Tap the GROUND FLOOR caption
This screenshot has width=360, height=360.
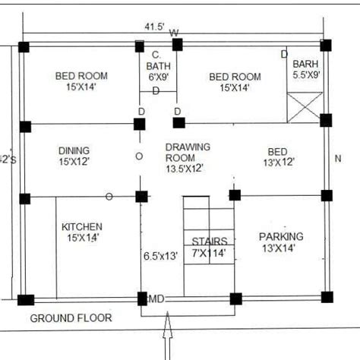coord(71,317)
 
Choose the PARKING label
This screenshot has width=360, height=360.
coord(281,242)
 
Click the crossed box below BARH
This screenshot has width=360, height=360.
coord(305,107)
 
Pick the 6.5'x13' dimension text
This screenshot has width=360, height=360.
coord(159,256)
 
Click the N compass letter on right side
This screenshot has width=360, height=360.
coord(338,158)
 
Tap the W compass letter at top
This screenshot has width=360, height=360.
coord(174,33)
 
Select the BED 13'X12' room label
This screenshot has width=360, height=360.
coord(279,156)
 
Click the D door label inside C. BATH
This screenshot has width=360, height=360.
coord(156,90)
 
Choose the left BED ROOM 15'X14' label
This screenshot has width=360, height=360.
coord(81,81)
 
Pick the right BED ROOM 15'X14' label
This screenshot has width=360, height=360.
coord(235,82)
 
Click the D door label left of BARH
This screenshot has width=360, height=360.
coord(285,54)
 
